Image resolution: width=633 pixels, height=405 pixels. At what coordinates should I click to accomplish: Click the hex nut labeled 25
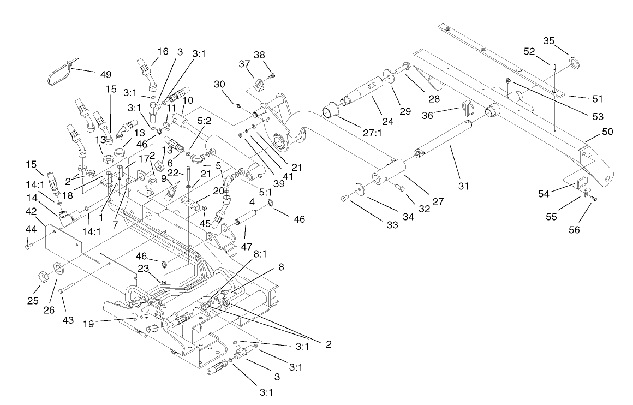pos(42,272)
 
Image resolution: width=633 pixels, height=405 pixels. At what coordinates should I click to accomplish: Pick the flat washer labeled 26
pos(57,269)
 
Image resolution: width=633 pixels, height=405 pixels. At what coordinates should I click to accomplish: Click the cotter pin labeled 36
pos(468,106)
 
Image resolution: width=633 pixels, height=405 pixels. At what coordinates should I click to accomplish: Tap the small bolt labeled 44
pos(27,247)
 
